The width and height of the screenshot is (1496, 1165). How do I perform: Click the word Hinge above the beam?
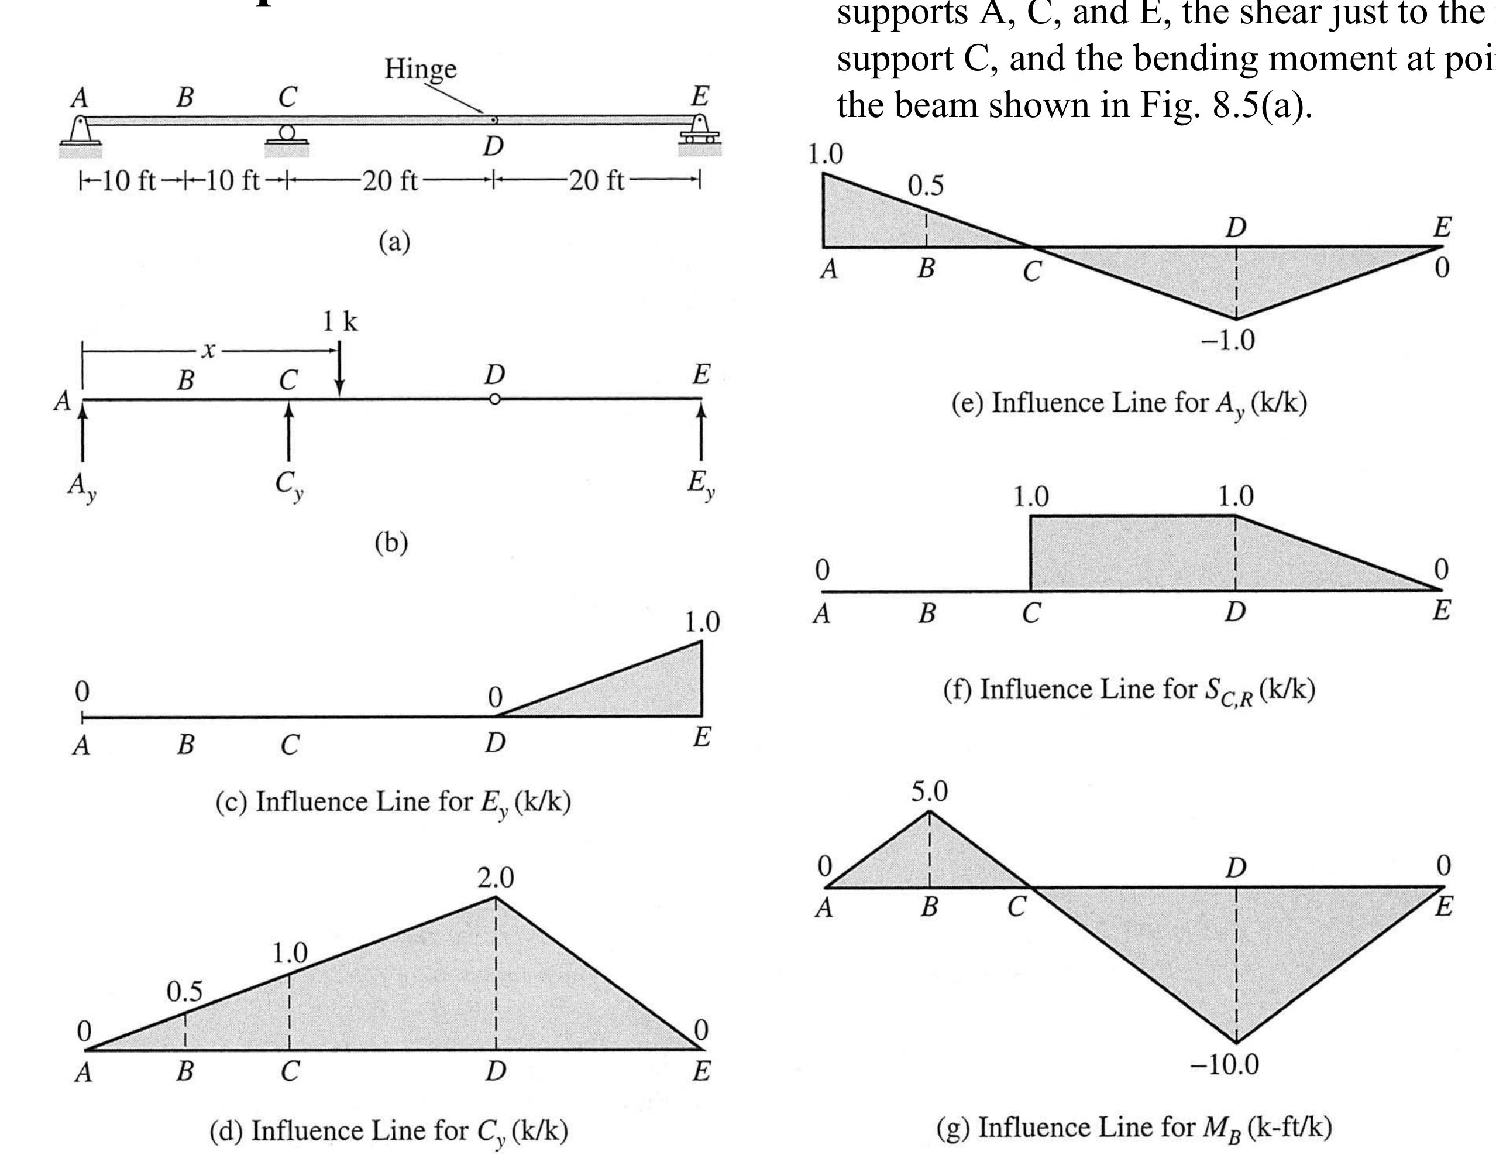click(x=420, y=68)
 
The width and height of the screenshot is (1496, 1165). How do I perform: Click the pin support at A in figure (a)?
click(x=80, y=131)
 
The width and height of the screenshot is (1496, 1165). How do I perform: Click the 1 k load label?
click(x=340, y=321)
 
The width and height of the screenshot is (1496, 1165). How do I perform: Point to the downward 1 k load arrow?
click(x=340, y=370)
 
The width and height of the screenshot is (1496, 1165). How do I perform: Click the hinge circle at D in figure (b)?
click(x=494, y=399)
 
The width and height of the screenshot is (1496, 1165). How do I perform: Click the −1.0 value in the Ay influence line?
click(x=1228, y=341)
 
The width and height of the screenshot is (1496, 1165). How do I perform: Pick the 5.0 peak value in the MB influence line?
click(x=929, y=792)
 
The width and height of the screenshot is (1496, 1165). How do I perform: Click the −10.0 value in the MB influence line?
click(x=1224, y=1064)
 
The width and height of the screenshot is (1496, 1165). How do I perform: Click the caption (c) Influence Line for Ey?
click(x=393, y=803)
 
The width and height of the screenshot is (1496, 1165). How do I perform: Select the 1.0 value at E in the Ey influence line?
click(x=702, y=622)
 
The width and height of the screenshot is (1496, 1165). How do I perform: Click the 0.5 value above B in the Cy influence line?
click(x=184, y=992)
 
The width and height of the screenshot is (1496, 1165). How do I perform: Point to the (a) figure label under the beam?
click(x=394, y=241)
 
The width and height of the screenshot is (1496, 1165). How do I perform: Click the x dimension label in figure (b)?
click(x=208, y=351)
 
